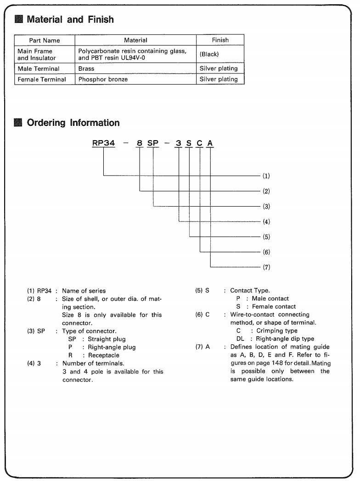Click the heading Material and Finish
tap(70, 20)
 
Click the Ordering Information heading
tap(73, 123)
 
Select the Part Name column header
tap(45, 40)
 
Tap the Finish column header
tap(220, 40)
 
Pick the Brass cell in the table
tap(86, 68)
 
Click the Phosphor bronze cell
tap(103, 79)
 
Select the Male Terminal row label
tap(39, 68)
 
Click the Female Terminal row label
tap(42, 79)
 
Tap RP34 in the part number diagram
tap(103, 143)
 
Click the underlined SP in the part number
tap(153, 143)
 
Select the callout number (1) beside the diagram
tap(266, 176)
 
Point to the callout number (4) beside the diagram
tap(266, 222)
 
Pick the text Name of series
tap(84, 291)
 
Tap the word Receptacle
tap(104, 355)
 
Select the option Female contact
tap(274, 306)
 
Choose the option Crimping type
tap(276, 331)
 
